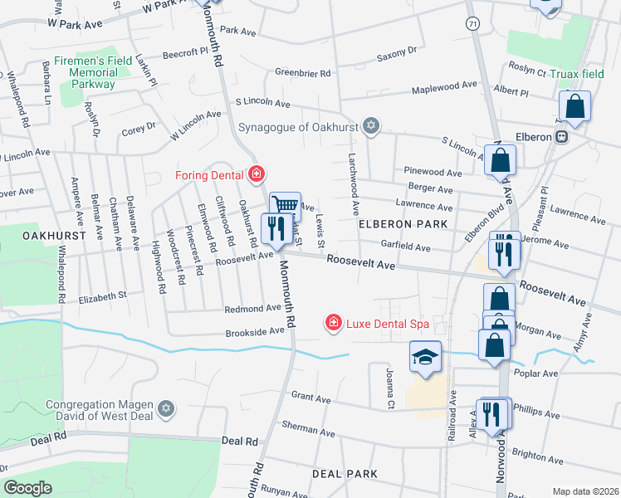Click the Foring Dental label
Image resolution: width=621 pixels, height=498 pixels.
208,174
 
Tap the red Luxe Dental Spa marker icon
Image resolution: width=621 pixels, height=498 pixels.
333,321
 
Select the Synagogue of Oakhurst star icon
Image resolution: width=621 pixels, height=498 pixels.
371,127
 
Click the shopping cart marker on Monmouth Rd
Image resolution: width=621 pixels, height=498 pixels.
284,204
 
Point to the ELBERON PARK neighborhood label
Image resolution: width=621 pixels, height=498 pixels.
403,224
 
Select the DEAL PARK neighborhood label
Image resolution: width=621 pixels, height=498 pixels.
345,473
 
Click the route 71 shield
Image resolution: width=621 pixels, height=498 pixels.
472,22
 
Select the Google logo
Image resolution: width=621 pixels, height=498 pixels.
27,488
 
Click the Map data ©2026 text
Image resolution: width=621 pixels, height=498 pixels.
585,491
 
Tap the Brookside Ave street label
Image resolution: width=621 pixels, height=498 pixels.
255,330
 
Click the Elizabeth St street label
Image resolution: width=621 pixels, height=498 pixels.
102,295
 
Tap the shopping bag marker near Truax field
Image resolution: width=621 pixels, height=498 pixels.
574,107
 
